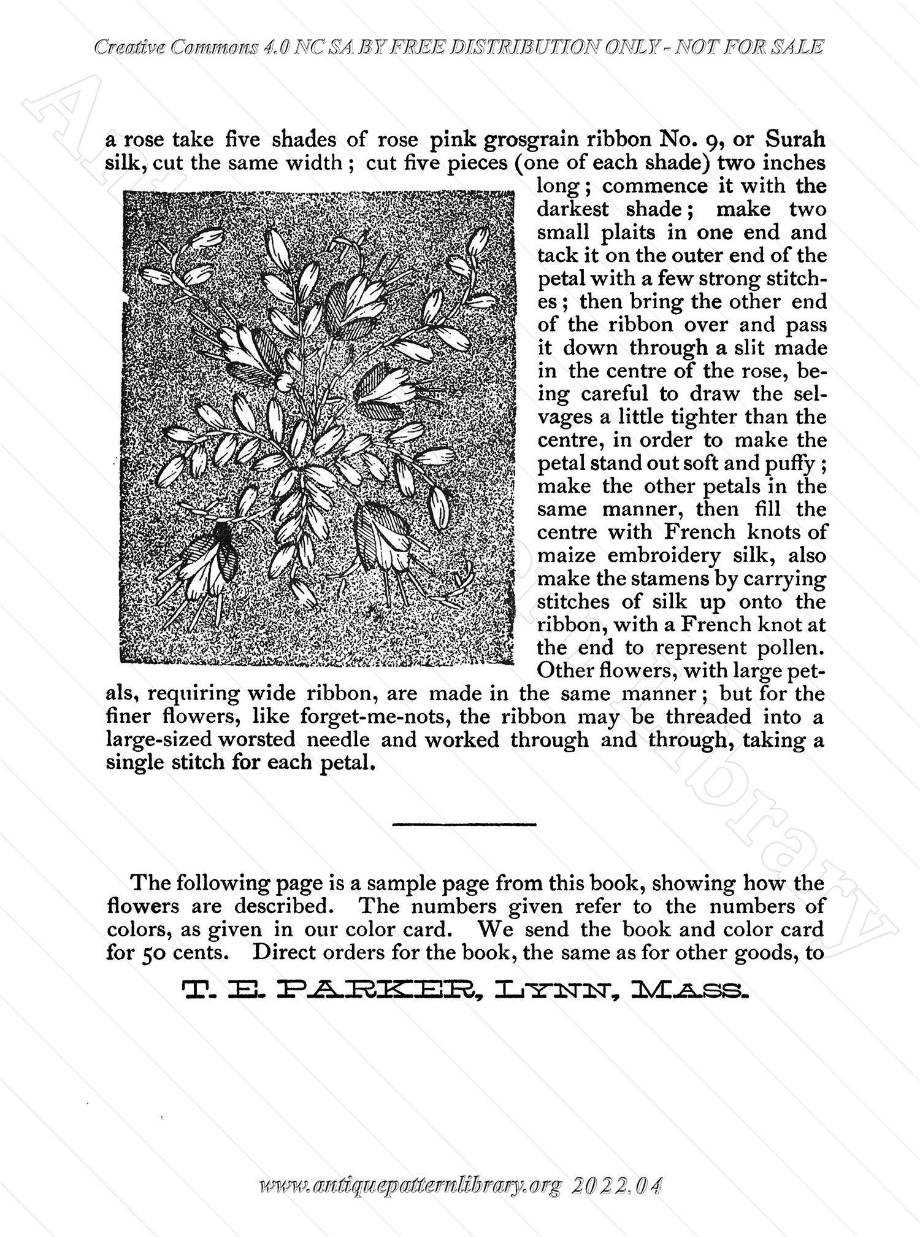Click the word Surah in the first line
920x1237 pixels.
[x=794, y=141]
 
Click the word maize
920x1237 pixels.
[x=567, y=555]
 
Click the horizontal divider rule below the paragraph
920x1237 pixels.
[x=464, y=823]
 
